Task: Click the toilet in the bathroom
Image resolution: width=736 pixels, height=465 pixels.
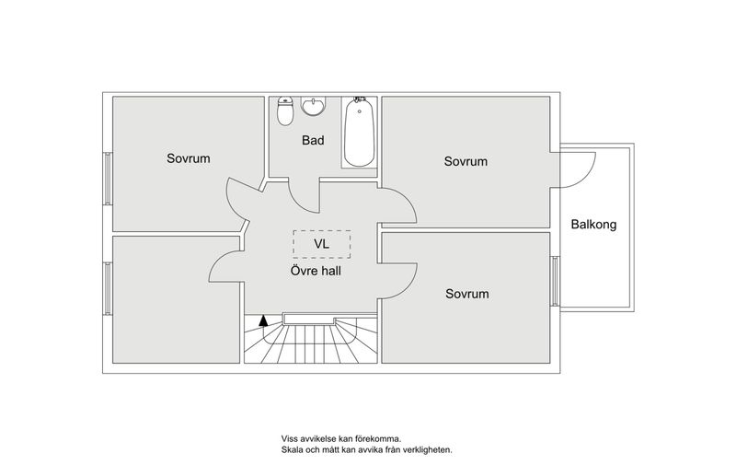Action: coord(285,111)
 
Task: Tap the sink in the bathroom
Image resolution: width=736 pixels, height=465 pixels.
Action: coord(314,106)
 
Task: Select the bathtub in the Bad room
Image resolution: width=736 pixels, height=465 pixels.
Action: coord(359,132)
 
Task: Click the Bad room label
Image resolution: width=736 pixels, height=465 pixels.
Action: coord(313,140)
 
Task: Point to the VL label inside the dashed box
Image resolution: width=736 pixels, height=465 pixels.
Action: coord(321,244)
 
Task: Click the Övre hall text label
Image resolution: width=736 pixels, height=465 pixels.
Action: coord(316,271)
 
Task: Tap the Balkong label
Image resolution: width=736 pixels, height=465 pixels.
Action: coord(593,225)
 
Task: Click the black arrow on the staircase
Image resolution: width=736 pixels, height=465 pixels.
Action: coord(263,320)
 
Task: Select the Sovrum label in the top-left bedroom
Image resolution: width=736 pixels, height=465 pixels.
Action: coord(189,158)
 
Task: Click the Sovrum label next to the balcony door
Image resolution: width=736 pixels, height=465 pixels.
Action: coord(466,161)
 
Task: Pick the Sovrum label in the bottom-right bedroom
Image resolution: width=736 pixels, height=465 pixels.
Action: coord(467,294)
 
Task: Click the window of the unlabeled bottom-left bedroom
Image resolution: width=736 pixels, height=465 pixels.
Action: coord(108,288)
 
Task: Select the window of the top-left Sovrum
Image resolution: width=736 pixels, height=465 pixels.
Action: coord(108,179)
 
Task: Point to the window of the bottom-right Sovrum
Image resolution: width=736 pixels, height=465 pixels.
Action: coord(555,281)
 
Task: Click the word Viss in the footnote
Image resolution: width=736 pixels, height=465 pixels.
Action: coord(289,439)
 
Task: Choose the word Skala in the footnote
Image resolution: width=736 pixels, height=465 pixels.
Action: coord(292,450)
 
